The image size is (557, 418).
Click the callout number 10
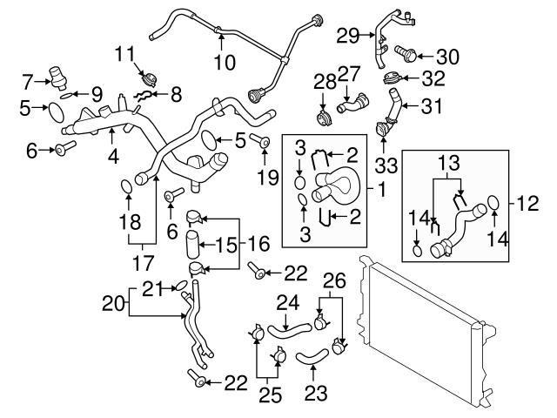tap(225, 63)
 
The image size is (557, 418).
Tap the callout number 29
tap(347, 36)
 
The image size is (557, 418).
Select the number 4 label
tap(113, 159)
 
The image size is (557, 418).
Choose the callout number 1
tap(383, 186)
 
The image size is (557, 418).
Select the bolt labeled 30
tap(406, 55)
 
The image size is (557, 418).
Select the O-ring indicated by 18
tap(128, 185)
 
